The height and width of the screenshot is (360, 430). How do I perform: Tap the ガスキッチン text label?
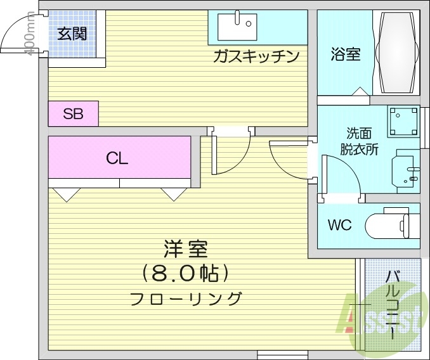pyautogui.click(x=256, y=57)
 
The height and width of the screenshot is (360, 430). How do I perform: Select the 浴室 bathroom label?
pyautogui.click(x=345, y=55)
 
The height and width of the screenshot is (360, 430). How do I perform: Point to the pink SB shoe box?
pyautogui.click(x=73, y=115)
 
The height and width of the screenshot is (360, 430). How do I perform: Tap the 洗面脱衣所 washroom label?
pyautogui.click(x=359, y=142)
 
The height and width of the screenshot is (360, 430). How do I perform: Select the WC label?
pyautogui.click(x=340, y=225)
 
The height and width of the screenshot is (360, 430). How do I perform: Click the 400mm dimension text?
pyautogui.click(x=30, y=35)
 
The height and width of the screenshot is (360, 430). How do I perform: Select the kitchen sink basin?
pyautogui.click(x=235, y=27)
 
